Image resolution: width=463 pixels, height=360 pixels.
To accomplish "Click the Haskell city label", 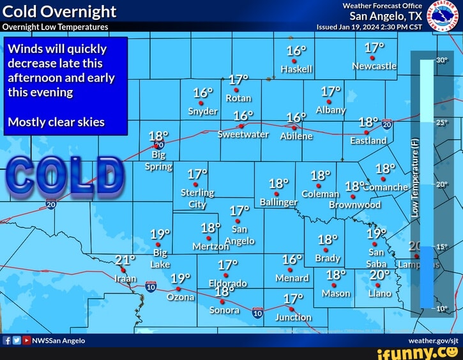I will pyautogui.click(x=296, y=68).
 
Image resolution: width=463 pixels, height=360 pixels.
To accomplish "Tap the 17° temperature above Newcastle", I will pyautogui.click(x=375, y=48).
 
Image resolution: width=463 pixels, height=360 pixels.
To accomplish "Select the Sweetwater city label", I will pyautogui.click(x=243, y=135).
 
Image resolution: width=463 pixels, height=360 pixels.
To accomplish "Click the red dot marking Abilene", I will pyautogui.click(x=294, y=127).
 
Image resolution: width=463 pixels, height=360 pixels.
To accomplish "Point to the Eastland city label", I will pyautogui.click(x=368, y=140).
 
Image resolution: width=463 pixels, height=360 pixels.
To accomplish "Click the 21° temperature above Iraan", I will pyautogui.click(x=126, y=260).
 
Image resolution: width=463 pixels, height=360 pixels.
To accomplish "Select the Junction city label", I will pyautogui.click(x=293, y=317).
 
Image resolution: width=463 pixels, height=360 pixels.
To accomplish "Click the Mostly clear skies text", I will pyautogui.click(x=56, y=122).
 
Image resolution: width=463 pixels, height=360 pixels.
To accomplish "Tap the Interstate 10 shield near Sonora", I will pyautogui.click(x=257, y=313).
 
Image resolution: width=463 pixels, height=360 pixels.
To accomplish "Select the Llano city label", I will pyautogui.click(x=379, y=293).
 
